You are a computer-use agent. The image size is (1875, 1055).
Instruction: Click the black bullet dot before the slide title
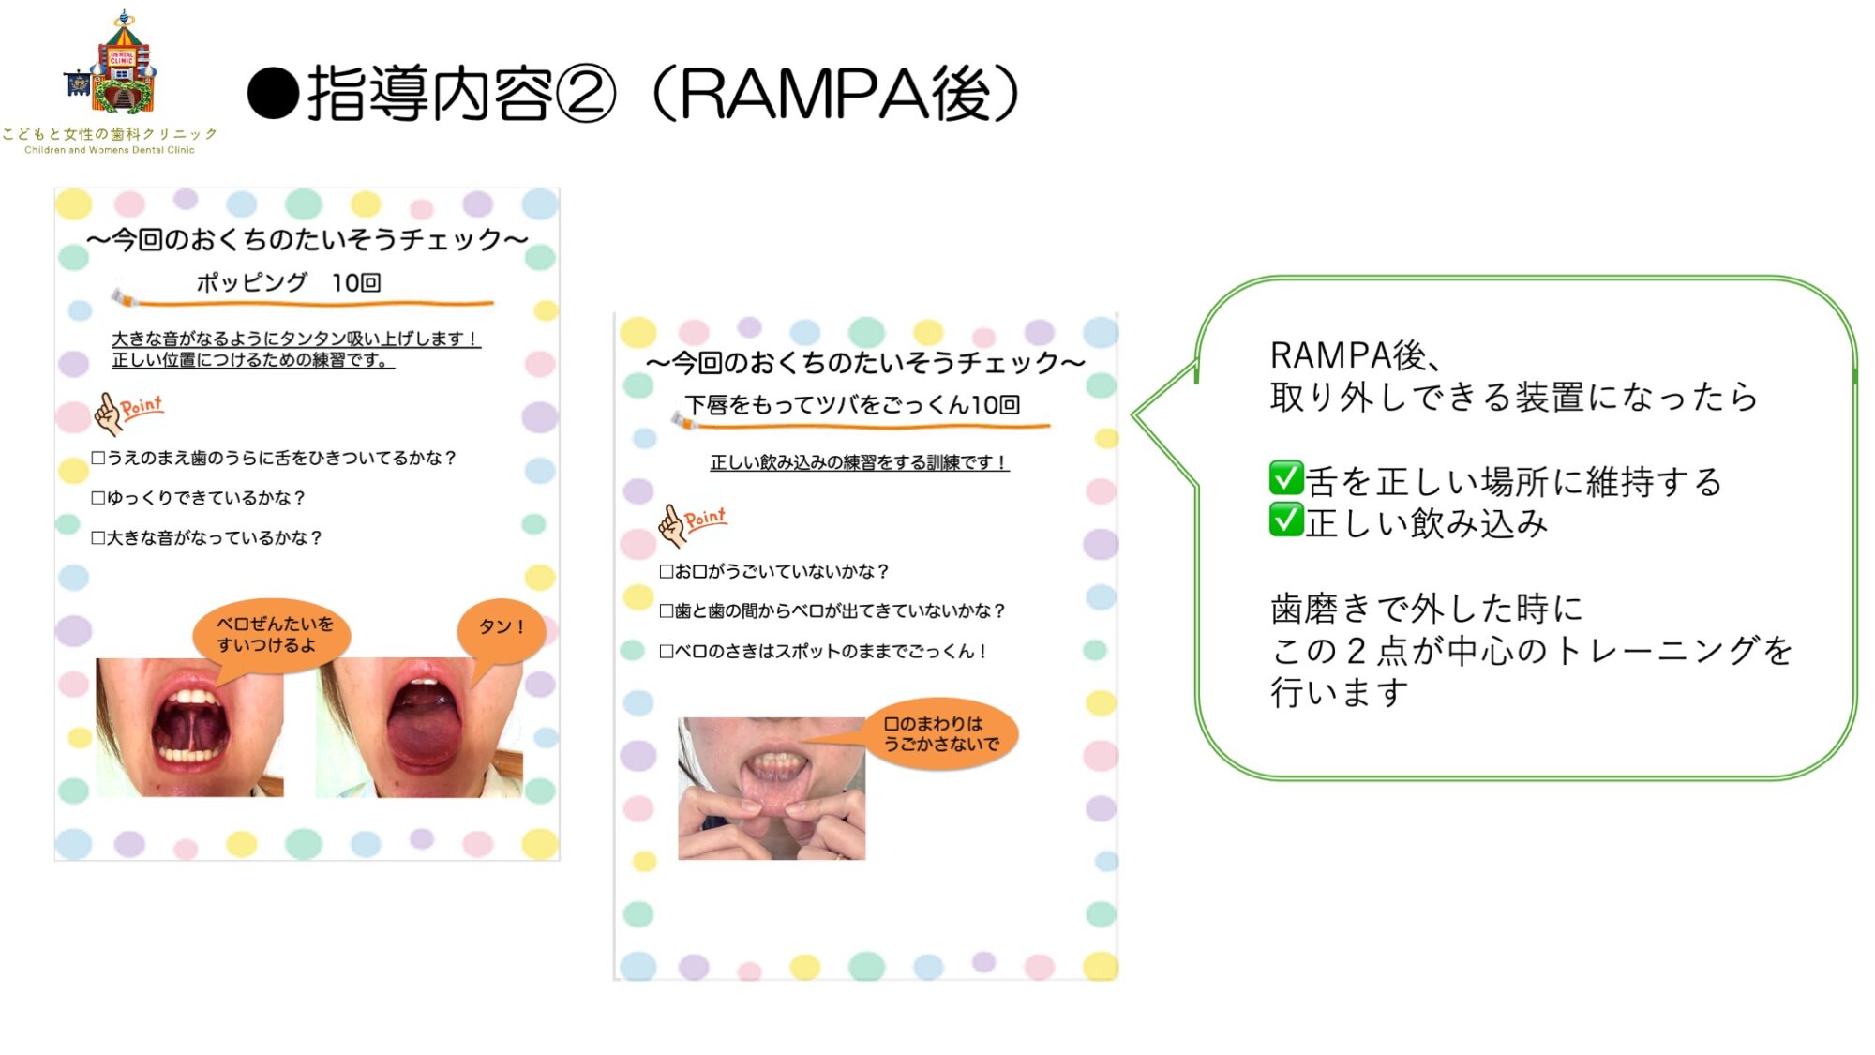coord(273,94)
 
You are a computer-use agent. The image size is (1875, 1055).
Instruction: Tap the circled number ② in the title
coord(586,94)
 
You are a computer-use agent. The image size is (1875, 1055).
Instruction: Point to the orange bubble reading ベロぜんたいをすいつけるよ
coord(272,633)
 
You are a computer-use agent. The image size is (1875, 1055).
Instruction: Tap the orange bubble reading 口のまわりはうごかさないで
coord(941,733)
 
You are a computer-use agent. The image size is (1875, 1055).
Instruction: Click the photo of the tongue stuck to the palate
coord(189,727)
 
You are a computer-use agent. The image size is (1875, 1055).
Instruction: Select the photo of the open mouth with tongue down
coord(418,727)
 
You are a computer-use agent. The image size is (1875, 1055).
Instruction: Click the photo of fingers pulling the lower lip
coord(772,789)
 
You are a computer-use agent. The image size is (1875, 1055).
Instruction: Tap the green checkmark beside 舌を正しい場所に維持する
coord(1286,477)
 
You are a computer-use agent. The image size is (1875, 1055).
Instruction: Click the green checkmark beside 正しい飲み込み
coord(1286,520)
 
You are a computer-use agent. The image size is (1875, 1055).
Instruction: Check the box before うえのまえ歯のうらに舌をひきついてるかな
coord(97,458)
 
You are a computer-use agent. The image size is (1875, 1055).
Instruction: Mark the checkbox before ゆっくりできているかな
coord(97,498)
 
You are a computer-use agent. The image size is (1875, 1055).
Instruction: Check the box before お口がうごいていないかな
coord(667,571)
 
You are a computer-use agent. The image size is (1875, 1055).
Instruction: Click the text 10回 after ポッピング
coord(356,282)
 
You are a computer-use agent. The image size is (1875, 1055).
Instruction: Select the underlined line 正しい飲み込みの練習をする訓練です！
coord(859,462)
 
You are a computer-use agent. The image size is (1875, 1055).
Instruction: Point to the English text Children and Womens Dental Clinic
coord(110,150)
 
